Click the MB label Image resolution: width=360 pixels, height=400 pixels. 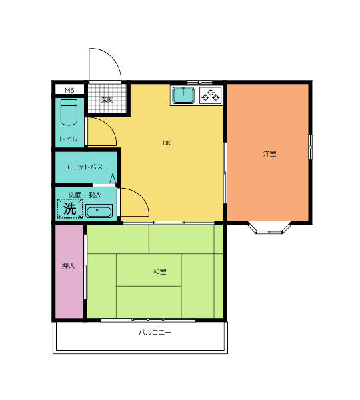(69, 90)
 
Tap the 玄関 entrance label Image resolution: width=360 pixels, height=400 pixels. (107, 99)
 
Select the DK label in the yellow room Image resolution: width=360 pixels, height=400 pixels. (166, 143)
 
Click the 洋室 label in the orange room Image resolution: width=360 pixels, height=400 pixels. (269, 153)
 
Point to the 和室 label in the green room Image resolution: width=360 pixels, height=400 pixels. (159, 271)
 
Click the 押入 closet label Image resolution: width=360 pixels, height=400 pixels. (68, 265)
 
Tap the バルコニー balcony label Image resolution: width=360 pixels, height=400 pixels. (155, 331)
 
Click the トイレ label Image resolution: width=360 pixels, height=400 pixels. (69, 139)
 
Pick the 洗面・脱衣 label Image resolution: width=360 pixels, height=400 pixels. (85, 195)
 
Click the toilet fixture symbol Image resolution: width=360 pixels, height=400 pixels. (69, 113)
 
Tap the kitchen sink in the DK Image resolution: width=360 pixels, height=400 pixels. (183, 96)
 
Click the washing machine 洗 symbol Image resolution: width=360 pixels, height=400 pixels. (69, 209)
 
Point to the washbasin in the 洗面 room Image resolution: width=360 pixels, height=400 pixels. (99, 212)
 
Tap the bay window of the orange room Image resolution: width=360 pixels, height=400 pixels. (269, 228)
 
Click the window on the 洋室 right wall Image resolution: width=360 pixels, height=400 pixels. (310, 147)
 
